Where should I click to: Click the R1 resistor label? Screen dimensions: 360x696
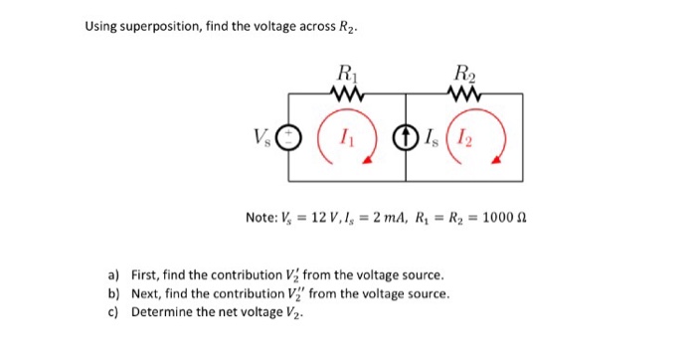(x=346, y=73)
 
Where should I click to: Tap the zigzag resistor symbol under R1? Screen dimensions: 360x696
(x=347, y=95)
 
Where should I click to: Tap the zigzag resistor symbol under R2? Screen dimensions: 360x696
(x=464, y=95)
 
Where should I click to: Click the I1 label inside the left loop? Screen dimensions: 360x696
(x=344, y=137)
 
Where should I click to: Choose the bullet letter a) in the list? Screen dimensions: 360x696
(x=114, y=275)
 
